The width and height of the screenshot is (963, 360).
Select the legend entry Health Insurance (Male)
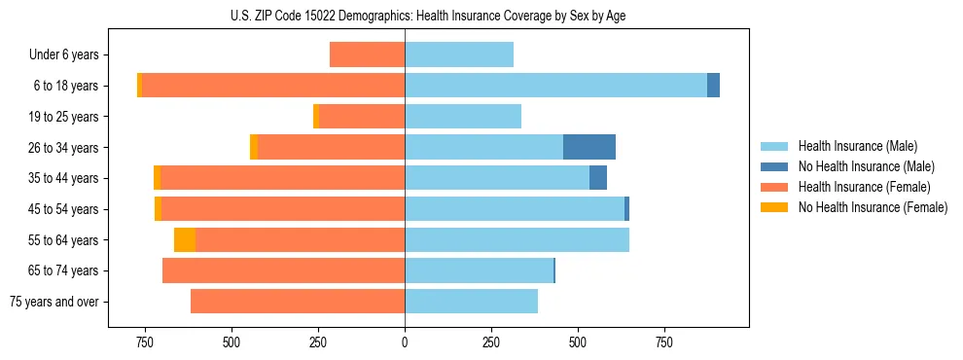click(857, 146)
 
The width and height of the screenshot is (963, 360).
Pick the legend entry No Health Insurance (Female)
click(873, 207)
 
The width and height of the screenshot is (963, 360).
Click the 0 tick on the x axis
click(405, 342)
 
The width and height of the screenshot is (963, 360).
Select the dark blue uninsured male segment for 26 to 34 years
click(589, 147)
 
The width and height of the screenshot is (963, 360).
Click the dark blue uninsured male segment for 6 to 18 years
click(713, 86)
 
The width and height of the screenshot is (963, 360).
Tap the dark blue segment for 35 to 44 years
click(598, 178)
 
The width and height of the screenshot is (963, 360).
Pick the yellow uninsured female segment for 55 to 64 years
click(185, 239)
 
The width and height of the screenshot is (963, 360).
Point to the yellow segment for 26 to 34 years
click(254, 147)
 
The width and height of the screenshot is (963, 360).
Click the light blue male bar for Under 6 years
click(459, 54)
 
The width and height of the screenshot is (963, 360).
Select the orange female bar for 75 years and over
click(298, 302)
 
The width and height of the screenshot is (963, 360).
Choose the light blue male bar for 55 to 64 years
click(517, 239)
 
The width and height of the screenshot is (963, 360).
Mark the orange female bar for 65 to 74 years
click(283, 270)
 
